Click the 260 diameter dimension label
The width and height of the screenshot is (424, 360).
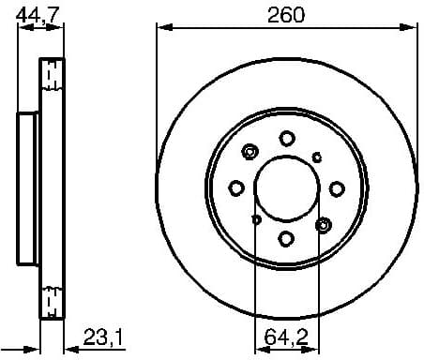click(286, 14)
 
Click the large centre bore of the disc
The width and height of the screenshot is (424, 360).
click(286, 187)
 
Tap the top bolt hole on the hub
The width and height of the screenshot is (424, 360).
click(286, 139)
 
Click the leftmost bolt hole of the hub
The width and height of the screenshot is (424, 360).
click(237, 187)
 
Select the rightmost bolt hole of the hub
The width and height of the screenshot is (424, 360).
click(335, 187)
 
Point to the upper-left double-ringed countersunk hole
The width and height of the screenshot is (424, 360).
click(250, 152)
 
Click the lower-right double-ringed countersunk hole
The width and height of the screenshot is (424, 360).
click(324, 224)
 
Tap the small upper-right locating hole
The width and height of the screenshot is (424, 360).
click(317, 157)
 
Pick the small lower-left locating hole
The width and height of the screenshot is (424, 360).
click(256, 219)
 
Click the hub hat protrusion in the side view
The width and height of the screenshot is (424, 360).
click(27, 187)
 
